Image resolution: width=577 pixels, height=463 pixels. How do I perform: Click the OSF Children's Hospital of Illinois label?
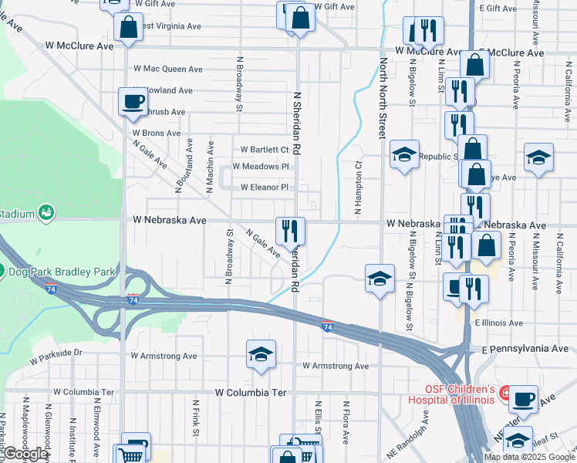click(458, 393)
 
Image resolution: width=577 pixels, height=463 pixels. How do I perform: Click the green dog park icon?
click(2, 271)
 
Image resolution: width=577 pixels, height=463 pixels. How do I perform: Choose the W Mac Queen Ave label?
click(168, 68)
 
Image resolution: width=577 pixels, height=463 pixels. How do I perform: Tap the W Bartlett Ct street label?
click(265, 150)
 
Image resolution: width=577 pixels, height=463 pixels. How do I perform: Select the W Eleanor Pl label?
click(264, 188)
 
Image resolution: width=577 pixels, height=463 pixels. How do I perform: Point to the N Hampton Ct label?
click(358, 187)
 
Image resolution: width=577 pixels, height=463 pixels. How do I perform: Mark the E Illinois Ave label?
click(499, 323)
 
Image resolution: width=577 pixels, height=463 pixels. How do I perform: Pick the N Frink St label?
click(196, 417)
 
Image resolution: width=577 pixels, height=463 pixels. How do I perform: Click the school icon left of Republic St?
click(404, 154)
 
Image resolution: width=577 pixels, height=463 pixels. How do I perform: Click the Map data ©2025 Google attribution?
click(529, 457)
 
